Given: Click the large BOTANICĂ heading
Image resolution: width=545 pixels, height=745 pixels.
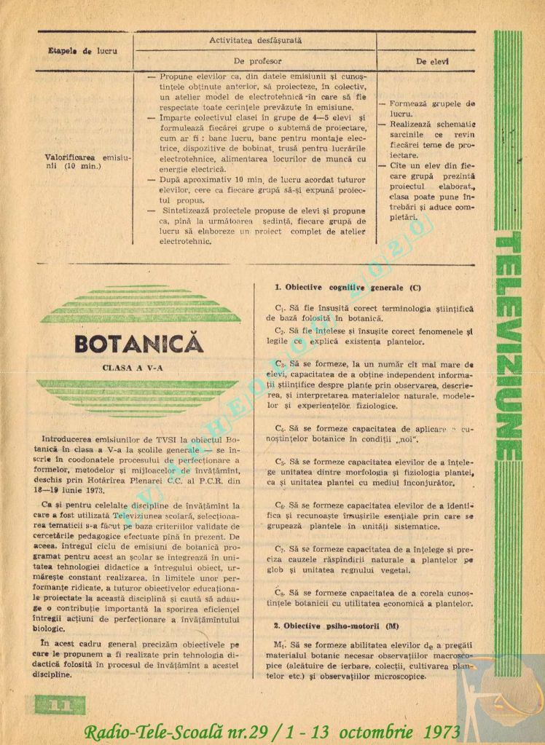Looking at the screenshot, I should pos(138,343).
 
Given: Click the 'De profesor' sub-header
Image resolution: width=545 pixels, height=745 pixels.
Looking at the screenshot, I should pos(256,62).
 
